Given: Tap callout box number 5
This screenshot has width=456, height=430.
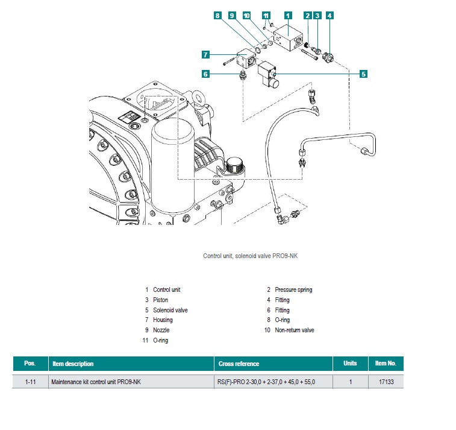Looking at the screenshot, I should click(363, 74).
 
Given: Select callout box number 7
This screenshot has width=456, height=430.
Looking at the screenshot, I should click(205, 55).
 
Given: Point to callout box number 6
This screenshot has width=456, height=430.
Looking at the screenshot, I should click(205, 74).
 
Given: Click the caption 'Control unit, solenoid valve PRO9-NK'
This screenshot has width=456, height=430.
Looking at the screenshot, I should click(250, 256).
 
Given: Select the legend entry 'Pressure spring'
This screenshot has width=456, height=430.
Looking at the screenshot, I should click(293, 289).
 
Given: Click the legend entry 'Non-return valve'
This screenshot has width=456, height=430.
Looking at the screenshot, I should click(295, 330).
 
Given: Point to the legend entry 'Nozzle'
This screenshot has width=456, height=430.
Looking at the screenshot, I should click(161, 330).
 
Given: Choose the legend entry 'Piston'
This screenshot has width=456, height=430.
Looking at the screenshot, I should click(161, 300).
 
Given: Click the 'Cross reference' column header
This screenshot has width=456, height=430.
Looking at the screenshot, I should click(238, 364).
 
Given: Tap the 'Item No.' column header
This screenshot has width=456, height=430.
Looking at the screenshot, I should click(385, 364).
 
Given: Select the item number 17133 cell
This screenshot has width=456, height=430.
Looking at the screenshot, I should click(385, 382).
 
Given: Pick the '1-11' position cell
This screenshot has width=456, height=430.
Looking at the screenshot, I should click(30, 382).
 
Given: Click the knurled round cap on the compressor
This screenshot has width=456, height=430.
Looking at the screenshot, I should click(234, 163).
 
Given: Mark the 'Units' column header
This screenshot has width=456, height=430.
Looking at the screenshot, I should click(350, 364).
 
